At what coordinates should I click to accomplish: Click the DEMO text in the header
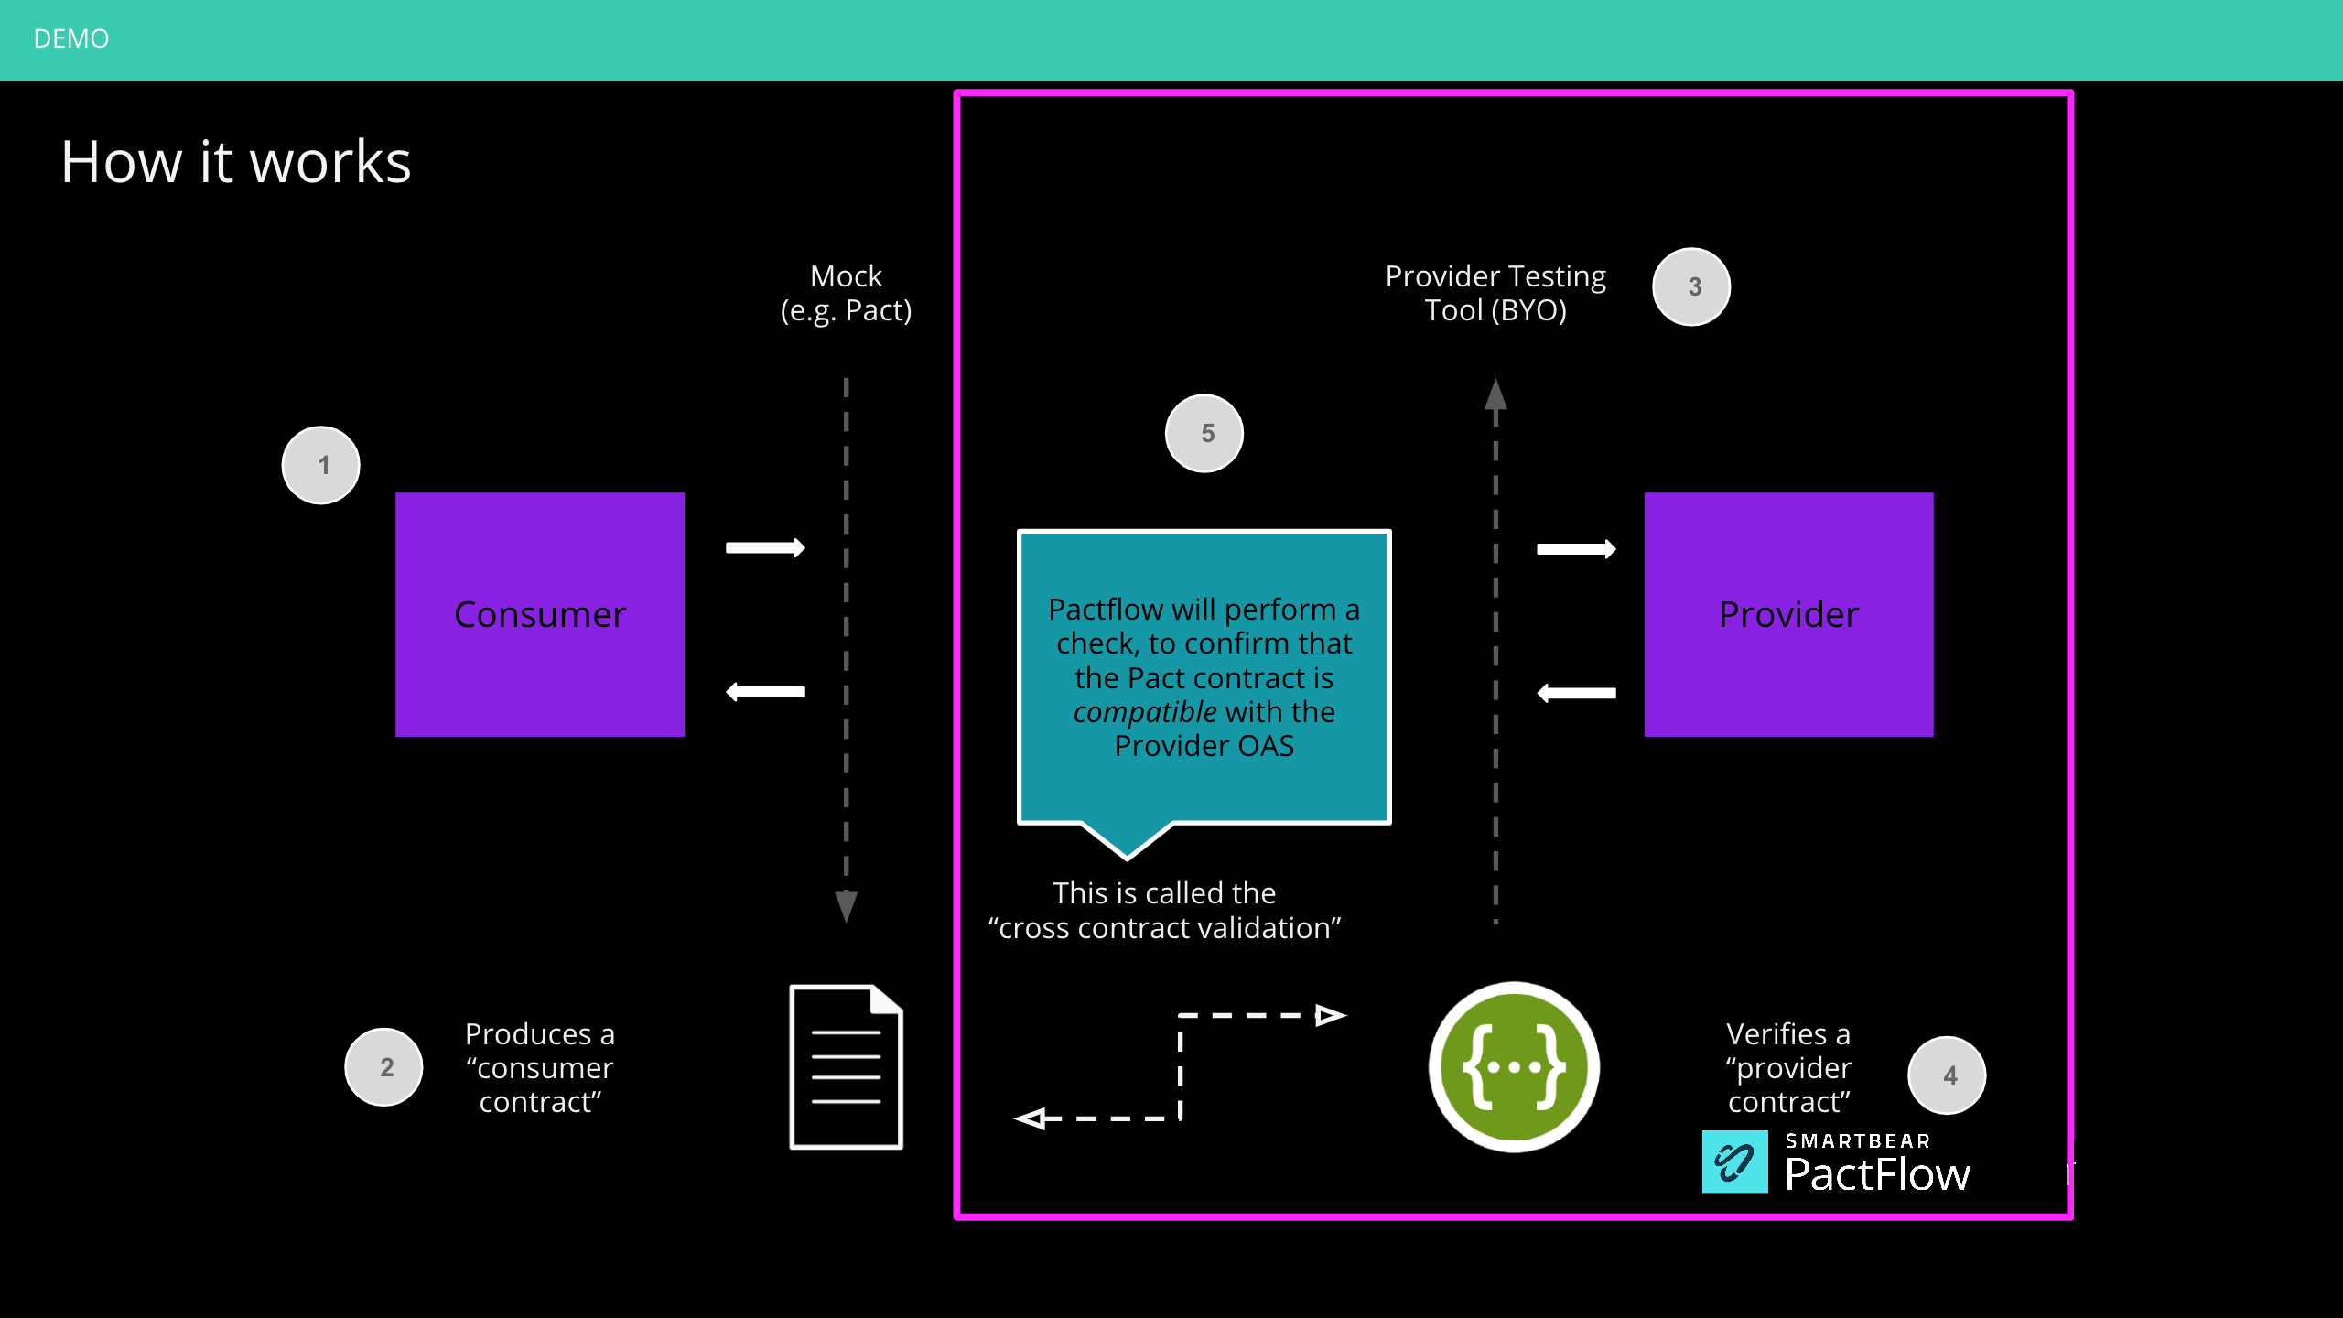tap(70, 38)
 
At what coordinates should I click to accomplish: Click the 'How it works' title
tap(236, 162)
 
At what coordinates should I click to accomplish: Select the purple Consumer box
tap(539, 614)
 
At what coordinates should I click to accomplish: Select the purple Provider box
tap(1787, 614)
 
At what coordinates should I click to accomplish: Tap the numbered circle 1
tap(321, 465)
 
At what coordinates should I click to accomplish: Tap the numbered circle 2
tap(384, 1067)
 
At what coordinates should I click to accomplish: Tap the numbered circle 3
tap(1691, 286)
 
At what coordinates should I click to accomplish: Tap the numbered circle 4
tap(1947, 1075)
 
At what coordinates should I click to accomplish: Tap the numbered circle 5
tap(1204, 434)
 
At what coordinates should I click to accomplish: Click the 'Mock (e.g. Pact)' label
tap(846, 293)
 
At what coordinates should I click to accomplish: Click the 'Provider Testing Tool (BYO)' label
tap(1495, 293)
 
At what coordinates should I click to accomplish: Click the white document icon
tap(846, 1067)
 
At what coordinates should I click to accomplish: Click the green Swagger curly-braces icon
tap(1514, 1067)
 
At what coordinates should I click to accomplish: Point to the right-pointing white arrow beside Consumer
tap(765, 547)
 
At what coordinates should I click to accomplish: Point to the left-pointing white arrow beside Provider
tap(1576, 693)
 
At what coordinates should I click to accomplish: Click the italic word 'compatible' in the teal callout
tap(1144, 712)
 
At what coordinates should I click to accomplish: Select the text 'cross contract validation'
tap(1164, 928)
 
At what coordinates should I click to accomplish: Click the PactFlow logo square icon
tap(1734, 1161)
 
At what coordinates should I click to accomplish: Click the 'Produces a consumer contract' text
tap(539, 1067)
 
